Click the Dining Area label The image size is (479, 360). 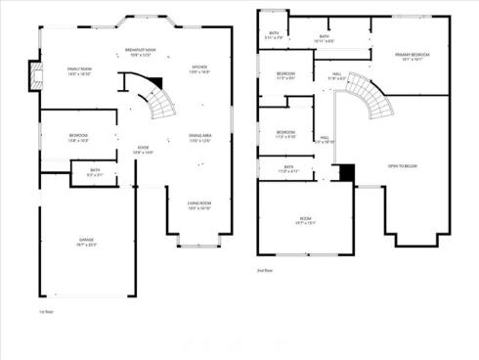click(199, 138)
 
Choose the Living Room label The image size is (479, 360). click(199, 203)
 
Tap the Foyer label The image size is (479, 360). click(143, 149)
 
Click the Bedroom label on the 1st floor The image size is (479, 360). click(77, 135)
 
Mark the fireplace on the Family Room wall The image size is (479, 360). click(35, 76)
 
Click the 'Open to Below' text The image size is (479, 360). click(403, 167)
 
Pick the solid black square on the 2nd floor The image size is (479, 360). click(343, 172)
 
